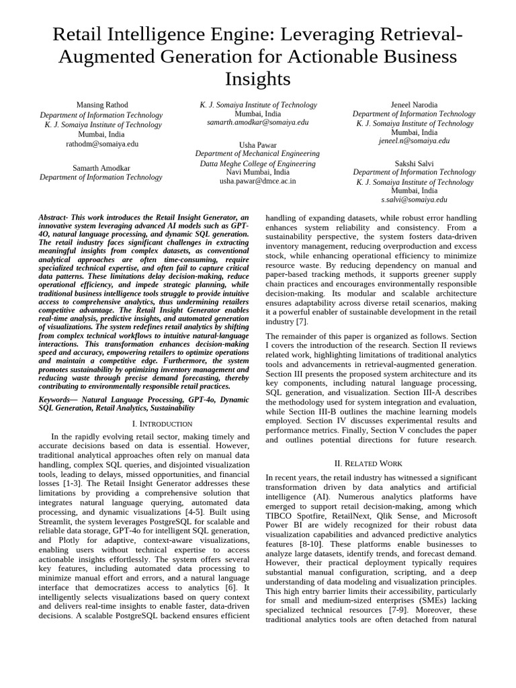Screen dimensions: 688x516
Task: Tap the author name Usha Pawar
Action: pos(258,144)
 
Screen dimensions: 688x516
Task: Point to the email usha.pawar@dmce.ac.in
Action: pos(258,181)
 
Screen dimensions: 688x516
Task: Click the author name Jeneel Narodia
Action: pos(414,105)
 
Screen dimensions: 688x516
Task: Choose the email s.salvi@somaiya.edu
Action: pos(414,200)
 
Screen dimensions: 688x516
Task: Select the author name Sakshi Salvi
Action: pos(414,163)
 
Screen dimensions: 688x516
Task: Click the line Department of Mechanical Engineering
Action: pos(258,154)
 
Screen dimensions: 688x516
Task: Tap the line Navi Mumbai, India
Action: pos(258,172)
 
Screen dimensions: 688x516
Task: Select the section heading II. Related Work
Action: pos(368,463)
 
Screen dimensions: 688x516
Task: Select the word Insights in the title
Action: pos(258,79)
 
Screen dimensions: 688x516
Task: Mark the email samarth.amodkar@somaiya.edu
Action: pos(258,122)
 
